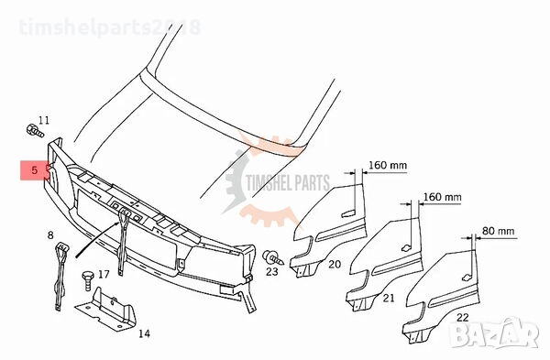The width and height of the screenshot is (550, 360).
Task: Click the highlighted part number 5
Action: [34, 170]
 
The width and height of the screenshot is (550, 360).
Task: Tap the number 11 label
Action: [45, 119]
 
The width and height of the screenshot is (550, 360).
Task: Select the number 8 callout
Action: [51, 235]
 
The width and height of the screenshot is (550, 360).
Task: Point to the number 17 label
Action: [104, 274]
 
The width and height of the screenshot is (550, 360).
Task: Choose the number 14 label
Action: [143, 333]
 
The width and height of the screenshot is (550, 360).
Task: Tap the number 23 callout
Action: [272, 271]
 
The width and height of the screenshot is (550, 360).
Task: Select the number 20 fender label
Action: [335, 264]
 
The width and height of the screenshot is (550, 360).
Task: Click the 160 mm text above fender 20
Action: [388, 166]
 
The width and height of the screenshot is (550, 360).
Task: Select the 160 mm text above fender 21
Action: [443, 197]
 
